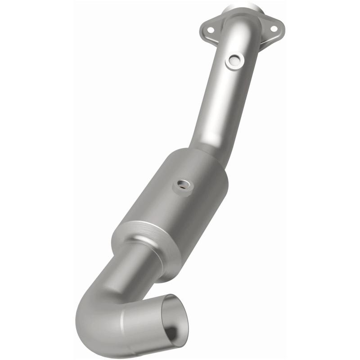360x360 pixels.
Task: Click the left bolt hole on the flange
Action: click(209, 30)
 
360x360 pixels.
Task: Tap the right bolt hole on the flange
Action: click(273, 28)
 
